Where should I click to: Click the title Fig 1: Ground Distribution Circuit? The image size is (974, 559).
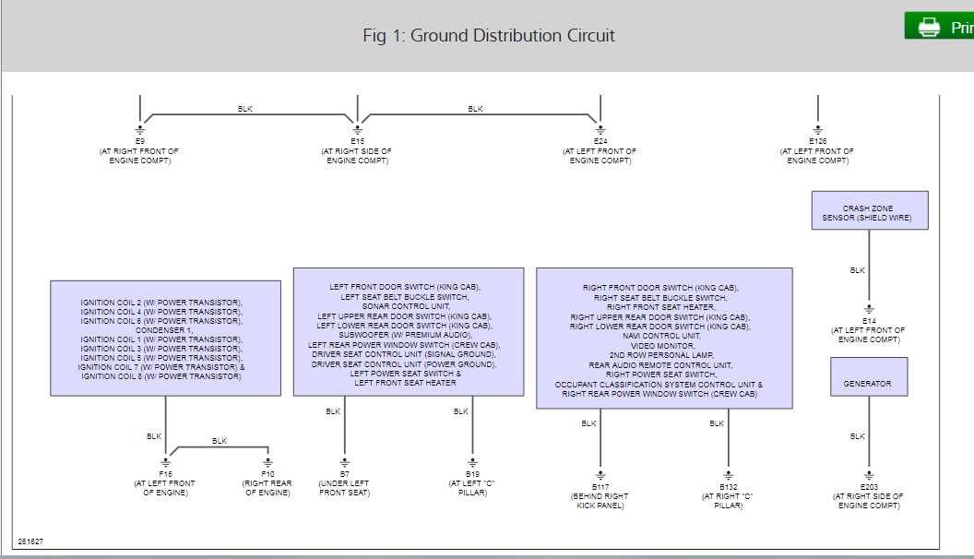click(x=489, y=36)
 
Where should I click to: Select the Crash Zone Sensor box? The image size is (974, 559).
click(x=869, y=210)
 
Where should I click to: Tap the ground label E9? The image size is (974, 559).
click(x=140, y=141)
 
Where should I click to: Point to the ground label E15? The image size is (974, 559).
click(x=357, y=141)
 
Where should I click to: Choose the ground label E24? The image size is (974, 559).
click(x=600, y=141)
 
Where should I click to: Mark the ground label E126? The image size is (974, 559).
click(x=817, y=141)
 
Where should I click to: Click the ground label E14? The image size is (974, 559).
click(x=869, y=320)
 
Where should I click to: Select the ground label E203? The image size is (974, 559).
click(x=868, y=486)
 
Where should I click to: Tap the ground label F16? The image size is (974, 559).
click(x=166, y=473)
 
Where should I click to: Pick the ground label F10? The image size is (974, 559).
click(x=267, y=473)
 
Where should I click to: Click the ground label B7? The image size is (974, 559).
click(x=345, y=473)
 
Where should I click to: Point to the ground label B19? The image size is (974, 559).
click(x=473, y=473)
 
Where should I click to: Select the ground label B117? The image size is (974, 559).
click(x=600, y=486)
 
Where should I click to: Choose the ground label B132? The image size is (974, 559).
click(x=729, y=486)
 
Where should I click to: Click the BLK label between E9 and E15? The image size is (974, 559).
click(x=244, y=109)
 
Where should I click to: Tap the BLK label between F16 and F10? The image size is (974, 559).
click(x=219, y=441)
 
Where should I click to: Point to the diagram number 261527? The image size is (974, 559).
click(x=30, y=541)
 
